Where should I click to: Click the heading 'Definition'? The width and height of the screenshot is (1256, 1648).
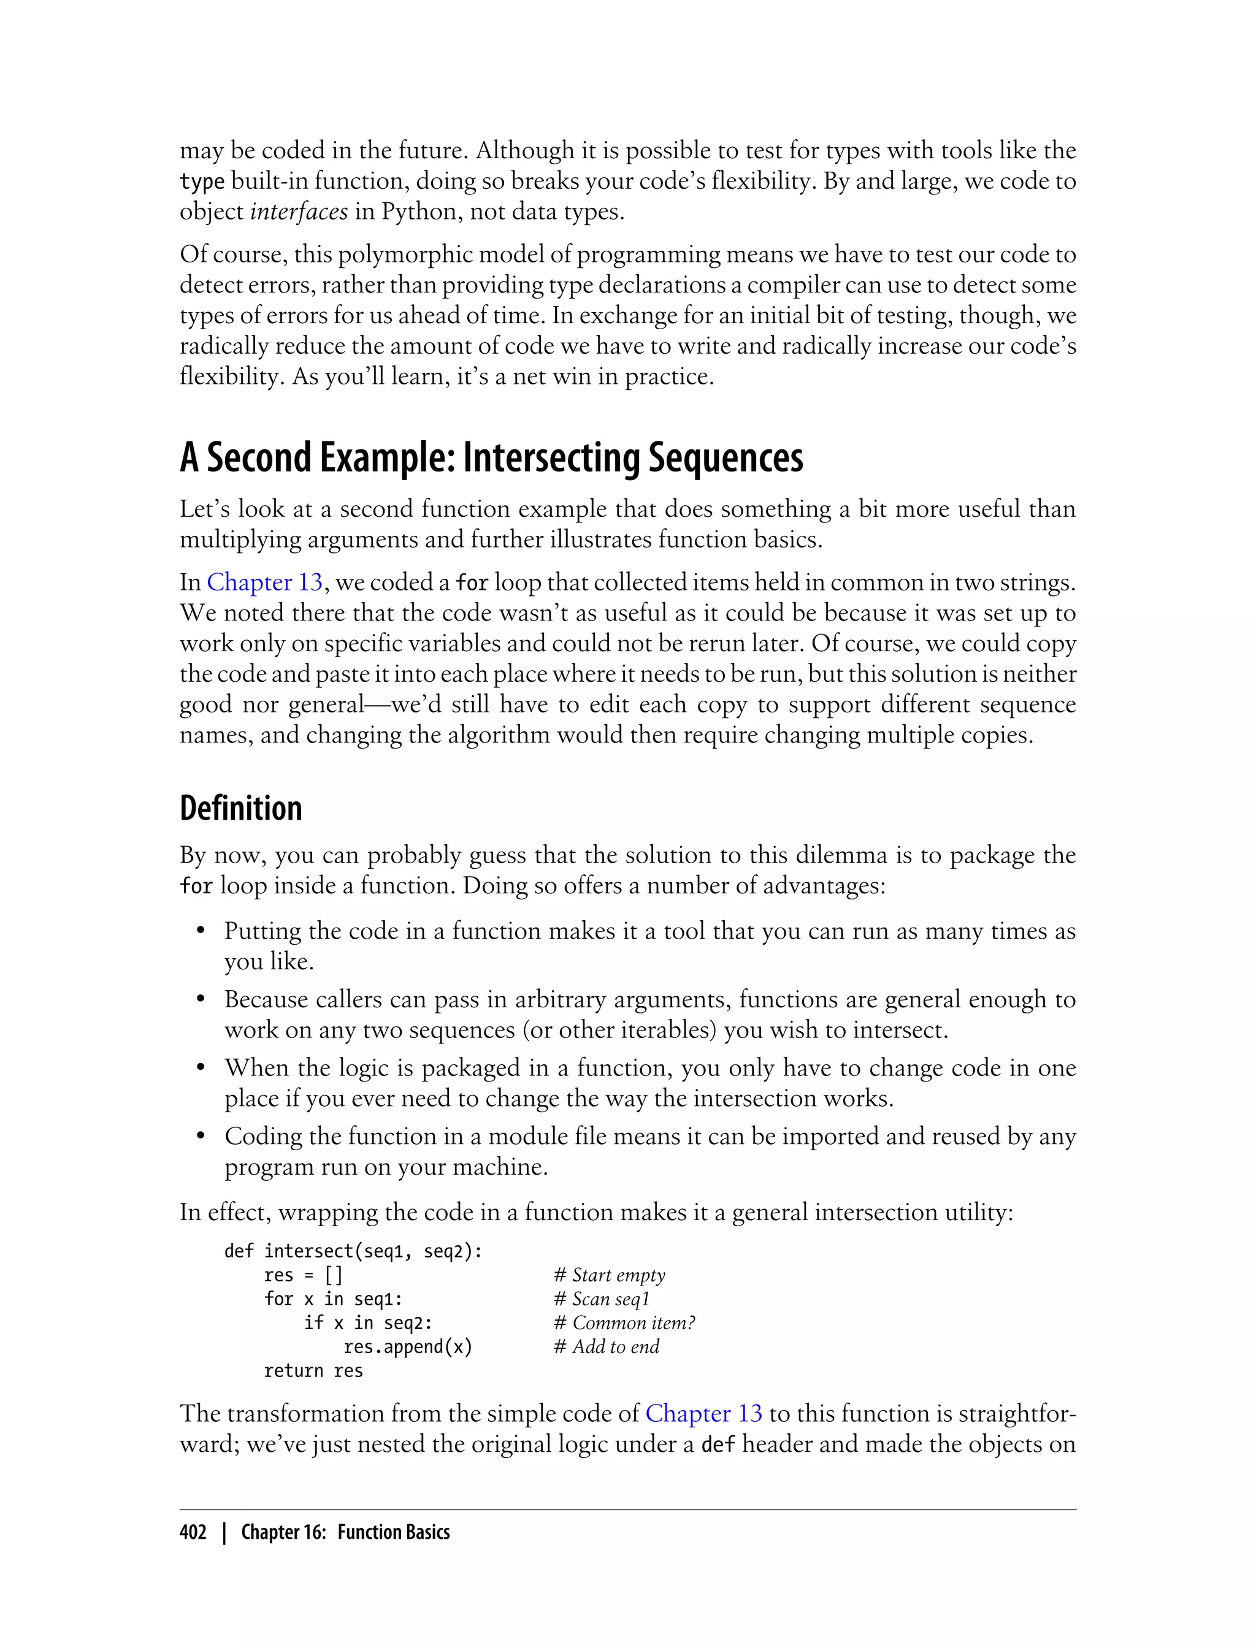point(241,809)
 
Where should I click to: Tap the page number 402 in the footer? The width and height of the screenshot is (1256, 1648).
point(193,1532)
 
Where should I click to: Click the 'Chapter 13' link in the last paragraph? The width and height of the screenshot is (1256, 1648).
point(703,1413)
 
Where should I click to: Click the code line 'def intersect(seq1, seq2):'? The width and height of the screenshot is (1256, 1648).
point(353,1251)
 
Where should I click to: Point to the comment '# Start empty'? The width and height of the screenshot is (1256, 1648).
point(610,1275)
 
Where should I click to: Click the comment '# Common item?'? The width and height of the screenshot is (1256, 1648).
point(624,1323)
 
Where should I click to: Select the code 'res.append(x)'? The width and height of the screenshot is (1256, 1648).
point(407,1347)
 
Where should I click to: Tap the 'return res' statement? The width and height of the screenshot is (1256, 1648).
point(313,1371)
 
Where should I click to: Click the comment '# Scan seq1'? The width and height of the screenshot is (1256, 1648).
point(602,1299)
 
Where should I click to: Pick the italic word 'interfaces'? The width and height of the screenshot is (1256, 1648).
point(298,212)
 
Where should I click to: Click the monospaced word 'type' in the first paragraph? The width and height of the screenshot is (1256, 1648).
point(202,181)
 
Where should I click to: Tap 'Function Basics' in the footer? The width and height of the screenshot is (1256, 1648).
point(393,1532)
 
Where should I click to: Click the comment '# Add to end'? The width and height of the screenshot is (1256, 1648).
point(607,1347)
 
